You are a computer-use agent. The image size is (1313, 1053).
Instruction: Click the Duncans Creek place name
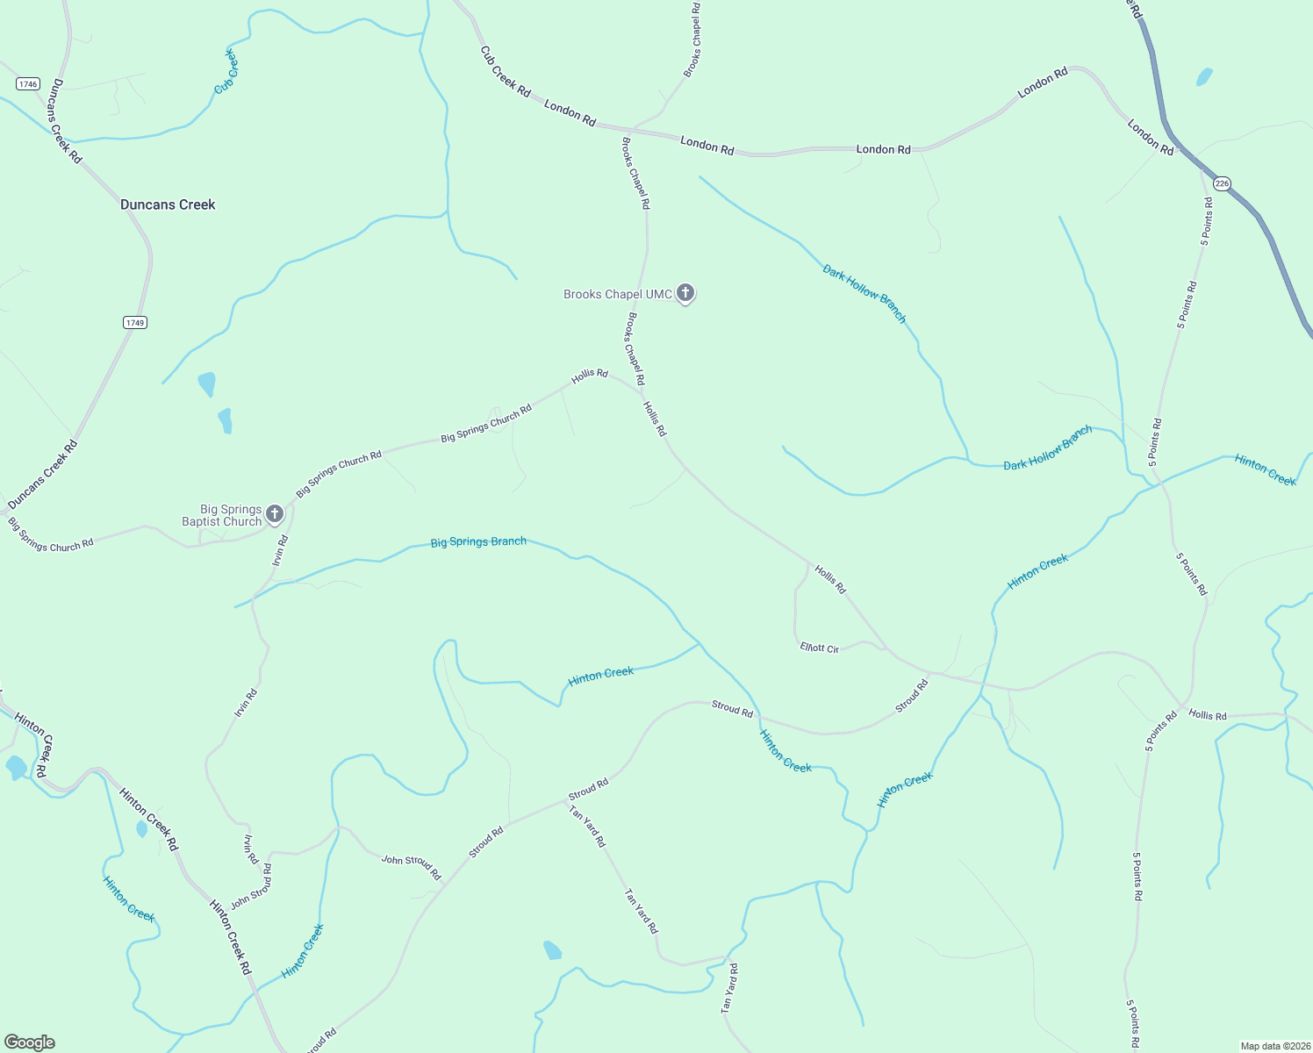pyautogui.click(x=168, y=204)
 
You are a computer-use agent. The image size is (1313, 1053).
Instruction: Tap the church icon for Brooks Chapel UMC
pyautogui.click(x=685, y=293)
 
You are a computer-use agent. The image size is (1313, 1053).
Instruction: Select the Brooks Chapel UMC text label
pyautogui.click(x=618, y=294)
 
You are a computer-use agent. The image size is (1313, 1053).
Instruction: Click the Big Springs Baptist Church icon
pyautogui.click(x=275, y=513)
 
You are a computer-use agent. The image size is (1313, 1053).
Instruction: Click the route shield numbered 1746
pyautogui.click(x=28, y=84)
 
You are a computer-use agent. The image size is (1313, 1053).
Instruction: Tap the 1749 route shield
pyautogui.click(x=134, y=323)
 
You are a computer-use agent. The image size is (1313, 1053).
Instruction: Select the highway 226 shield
pyautogui.click(x=1222, y=183)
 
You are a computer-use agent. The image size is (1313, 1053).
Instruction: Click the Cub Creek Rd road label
pyautogui.click(x=506, y=72)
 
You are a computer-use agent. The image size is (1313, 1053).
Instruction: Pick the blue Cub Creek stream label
pyautogui.click(x=226, y=72)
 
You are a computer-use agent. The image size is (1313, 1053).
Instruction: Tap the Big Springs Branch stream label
pyautogui.click(x=478, y=542)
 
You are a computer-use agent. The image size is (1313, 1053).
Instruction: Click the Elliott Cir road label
pyautogui.click(x=820, y=648)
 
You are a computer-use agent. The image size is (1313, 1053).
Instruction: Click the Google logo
pyautogui.click(x=30, y=1042)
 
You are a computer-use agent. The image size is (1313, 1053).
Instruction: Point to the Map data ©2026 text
pyautogui.click(x=1274, y=1046)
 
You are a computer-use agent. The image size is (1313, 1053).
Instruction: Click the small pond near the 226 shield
pyautogui.click(x=1204, y=77)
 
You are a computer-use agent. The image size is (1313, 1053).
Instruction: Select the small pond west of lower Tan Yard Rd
pyautogui.click(x=552, y=950)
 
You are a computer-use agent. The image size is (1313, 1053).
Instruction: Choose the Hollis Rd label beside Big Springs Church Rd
pyautogui.click(x=590, y=375)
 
